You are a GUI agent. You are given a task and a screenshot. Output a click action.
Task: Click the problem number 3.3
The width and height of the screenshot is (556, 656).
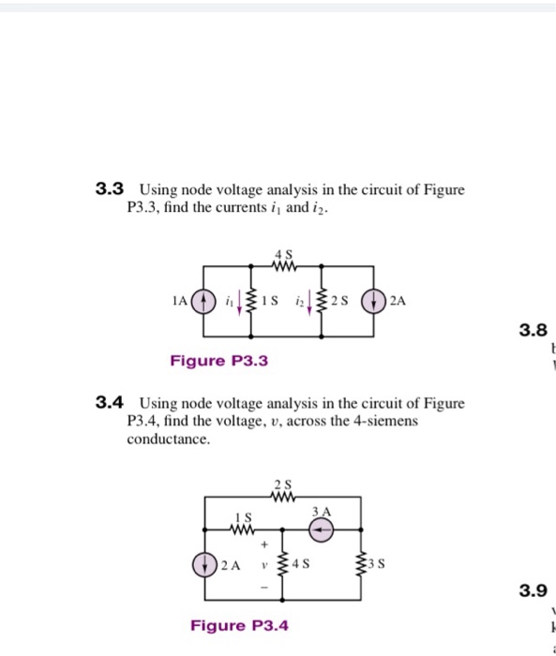tap(111, 190)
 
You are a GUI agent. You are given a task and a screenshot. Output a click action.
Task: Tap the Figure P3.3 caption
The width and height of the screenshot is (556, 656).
tap(218, 361)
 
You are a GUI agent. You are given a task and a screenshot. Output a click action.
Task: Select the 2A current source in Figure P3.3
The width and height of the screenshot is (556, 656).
tap(376, 301)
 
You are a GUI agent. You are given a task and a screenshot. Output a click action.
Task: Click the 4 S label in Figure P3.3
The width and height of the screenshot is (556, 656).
tap(283, 253)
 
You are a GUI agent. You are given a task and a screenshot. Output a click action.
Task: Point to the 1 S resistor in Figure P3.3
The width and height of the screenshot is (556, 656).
tap(253, 301)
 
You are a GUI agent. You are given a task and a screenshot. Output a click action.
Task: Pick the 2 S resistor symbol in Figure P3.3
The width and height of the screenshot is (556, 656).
tap(324, 301)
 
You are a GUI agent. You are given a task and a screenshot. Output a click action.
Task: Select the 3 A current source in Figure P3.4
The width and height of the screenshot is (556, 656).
tap(322, 529)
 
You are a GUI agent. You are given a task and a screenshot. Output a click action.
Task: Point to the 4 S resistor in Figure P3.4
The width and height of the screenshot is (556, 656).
tap(284, 565)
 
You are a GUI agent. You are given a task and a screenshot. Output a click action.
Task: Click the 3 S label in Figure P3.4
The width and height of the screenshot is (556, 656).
tap(378, 565)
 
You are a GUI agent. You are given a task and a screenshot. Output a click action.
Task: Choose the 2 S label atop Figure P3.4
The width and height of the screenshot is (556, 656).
tap(283, 485)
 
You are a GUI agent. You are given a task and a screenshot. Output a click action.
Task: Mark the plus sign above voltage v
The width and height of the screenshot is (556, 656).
tap(265, 543)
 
